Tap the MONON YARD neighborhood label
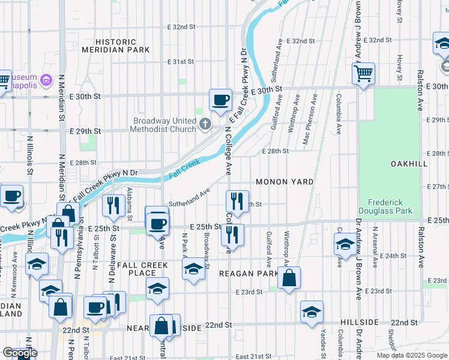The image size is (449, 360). coord(285,181)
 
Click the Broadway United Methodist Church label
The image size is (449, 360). coord(164,125)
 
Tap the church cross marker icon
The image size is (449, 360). coord(205,125)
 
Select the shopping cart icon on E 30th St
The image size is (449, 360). coord(363,74)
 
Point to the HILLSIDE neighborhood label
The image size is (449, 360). coord(359,322)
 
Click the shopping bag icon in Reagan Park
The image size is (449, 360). coord(289,278)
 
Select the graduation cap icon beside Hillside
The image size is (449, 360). coord(312,312)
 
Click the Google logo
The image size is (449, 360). coord(20,353)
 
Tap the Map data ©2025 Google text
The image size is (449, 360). coord(412,355)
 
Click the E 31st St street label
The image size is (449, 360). coord(181,61)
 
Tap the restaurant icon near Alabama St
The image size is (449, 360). coord(113,206)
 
